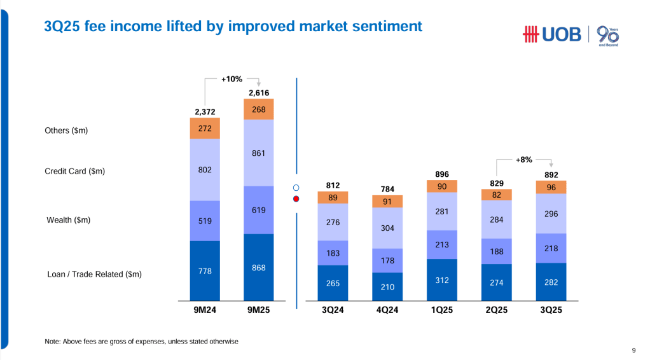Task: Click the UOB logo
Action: point(551,34)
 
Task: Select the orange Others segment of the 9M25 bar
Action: point(258,109)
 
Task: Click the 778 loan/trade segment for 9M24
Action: point(205,271)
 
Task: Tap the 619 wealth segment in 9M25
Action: point(258,210)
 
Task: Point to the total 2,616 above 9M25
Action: point(258,93)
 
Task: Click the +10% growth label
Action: point(232,80)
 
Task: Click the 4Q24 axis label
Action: point(387,310)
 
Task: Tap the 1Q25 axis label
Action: point(442,310)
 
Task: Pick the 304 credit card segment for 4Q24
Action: point(387,228)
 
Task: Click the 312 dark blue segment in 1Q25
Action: point(442,280)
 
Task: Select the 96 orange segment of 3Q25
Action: point(551,187)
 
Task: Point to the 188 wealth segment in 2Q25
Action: point(497,251)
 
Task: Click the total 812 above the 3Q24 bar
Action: point(333,185)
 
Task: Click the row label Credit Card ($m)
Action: point(75,171)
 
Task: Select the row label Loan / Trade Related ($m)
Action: point(94,274)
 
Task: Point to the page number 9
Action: point(633,349)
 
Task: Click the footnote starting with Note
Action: point(141,342)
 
